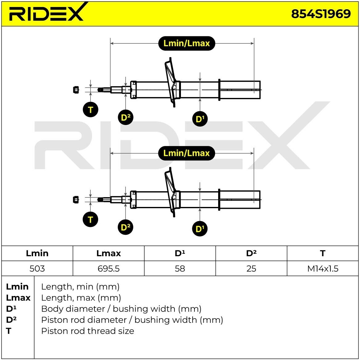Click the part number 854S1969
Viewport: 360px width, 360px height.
click(321, 14)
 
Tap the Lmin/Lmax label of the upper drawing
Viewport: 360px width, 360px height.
click(186, 43)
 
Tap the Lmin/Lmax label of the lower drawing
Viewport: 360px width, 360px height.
click(186, 153)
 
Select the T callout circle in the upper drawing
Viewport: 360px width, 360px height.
click(90, 110)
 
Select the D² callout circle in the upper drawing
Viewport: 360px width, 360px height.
click(126, 117)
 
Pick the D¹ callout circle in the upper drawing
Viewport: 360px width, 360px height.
click(200, 119)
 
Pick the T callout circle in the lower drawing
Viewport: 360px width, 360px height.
click(90, 220)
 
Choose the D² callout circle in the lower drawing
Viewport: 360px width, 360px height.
click(126, 227)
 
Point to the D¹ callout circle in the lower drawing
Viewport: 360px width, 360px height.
click(200, 229)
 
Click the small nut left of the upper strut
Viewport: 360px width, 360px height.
click(76, 90)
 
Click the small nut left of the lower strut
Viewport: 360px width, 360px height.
click(76, 200)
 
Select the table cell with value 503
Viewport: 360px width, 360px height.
click(37, 269)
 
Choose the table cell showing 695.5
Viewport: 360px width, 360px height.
click(109, 269)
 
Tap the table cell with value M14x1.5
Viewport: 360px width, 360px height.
click(323, 269)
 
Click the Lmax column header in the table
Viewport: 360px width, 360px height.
click(109, 253)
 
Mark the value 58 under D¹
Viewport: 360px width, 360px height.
click(180, 269)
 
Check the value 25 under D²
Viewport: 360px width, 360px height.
click(251, 269)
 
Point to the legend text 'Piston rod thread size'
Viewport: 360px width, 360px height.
click(88, 331)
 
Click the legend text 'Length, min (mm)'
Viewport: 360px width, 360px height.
click(80, 287)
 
